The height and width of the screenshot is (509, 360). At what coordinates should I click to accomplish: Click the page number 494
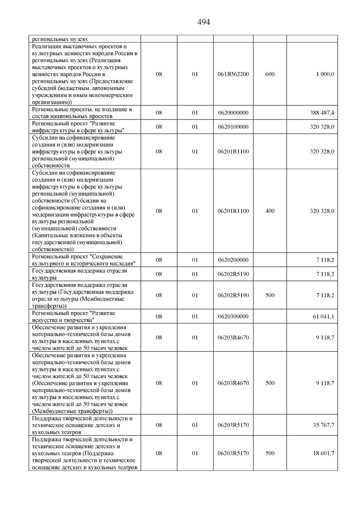pyautogui.click(x=204, y=22)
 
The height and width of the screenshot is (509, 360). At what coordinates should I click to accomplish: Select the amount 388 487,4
pyautogui.click(x=322, y=113)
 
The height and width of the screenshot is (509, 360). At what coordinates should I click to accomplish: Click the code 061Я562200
pyautogui.click(x=233, y=74)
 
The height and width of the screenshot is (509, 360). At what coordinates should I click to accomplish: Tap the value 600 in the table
pyautogui.click(x=270, y=74)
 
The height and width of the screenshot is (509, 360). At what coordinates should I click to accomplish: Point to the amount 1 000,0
pyautogui.click(x=325, y=74)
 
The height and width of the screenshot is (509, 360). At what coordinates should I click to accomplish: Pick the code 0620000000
pyautogui.click(x=233, y=113)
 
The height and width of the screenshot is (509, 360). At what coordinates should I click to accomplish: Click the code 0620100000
pyautogui.click(x=233, y=127)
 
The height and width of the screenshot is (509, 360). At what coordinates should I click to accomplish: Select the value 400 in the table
pyautogui.click(x=270, y=211)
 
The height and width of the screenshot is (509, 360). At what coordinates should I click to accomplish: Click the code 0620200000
pyautogui.click(x=233, y=260)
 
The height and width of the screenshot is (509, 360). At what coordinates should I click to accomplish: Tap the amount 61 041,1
pyautogui.click(x=323, y=317)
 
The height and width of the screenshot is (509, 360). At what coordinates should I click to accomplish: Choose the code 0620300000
pyautogui.click(x=233, y=317)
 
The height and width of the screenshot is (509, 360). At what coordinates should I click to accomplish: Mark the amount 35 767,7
pyautogui.click(x=323, y=425)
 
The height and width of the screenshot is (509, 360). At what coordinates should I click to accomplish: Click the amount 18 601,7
pyautogui.click(x=323, y=453)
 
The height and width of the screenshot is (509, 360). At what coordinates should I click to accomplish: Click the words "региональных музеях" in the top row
pyautogui.click(x=60, y=39)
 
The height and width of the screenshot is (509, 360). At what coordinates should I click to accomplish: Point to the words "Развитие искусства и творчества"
pyautogui.click(x=73, y=317)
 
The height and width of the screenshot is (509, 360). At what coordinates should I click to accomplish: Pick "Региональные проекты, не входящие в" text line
pyautogui.click(x=82, y=109)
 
